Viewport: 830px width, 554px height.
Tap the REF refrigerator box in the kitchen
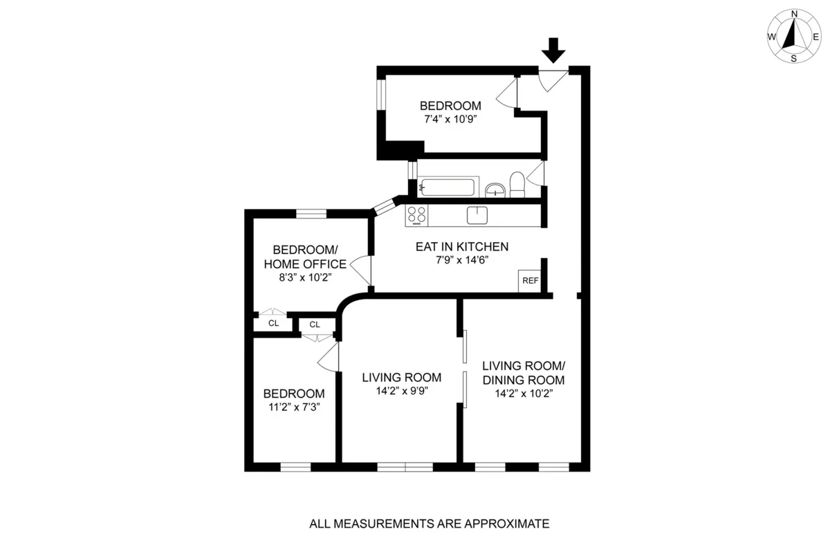pyautogui.click(x=530, y=281)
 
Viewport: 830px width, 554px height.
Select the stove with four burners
pyautogui.click(x=416, y=215)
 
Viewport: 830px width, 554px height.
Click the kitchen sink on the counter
pyautogui.click(x=478, y=215)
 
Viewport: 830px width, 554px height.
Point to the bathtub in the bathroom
pyautogui.click(x=448, y=187)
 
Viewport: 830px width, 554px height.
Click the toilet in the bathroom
pyautogui.click(x=517, y=185)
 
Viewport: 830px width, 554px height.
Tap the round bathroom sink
pyautogui.click(x=495, y=189)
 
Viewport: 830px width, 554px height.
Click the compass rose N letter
pyautogui.click(x=795, y=14)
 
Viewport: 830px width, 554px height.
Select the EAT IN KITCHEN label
pyautogui.click(x=462, y=246)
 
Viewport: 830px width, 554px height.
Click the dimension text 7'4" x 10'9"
pyautogui.click(x=450, y=119)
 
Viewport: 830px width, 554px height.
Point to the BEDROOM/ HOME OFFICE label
pyautogui.click(x=305, y=257)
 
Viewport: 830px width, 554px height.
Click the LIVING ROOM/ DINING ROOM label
pyautogui.click(x=524, y=373)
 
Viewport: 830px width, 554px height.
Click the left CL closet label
pyautogui.click(x=274, y=323)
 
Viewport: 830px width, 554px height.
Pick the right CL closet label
pyautogui.click(x=315, y=324)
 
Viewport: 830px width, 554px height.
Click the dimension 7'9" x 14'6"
pyautogui.click(x=462, y=261)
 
